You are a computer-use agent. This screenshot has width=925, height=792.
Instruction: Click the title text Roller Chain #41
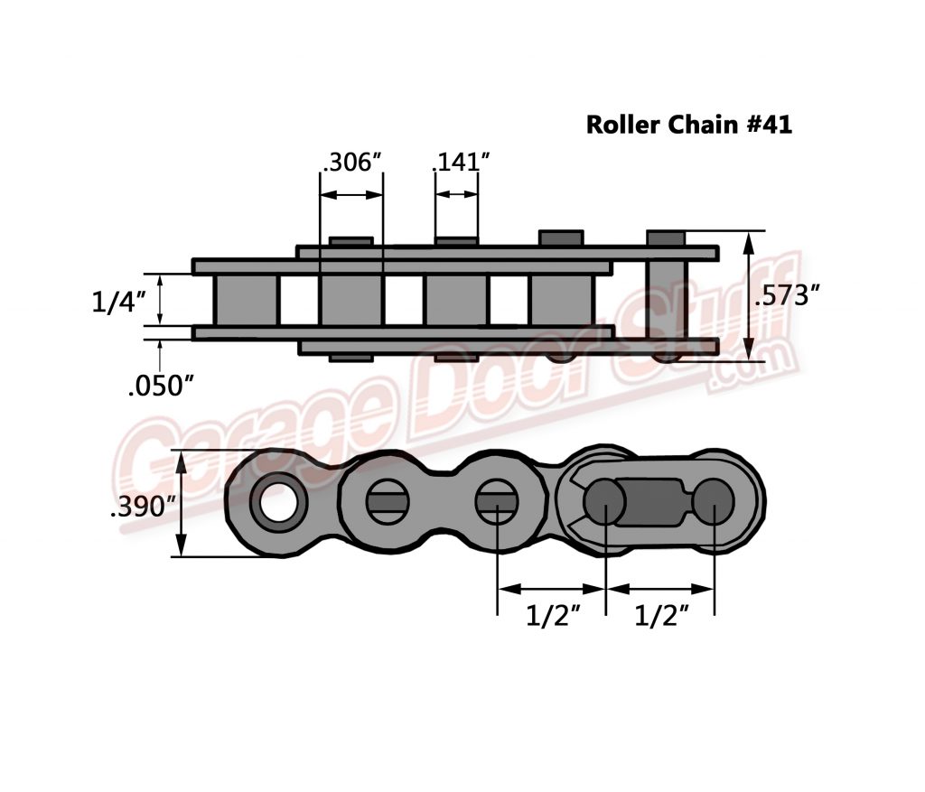point(689,125)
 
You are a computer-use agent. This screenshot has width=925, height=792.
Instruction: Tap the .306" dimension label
point(352,163)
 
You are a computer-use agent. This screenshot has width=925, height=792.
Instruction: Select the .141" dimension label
point(461,163)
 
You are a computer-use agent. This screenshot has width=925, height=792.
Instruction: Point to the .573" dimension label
point(792,295)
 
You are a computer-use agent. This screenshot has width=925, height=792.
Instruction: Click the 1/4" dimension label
point(119,302)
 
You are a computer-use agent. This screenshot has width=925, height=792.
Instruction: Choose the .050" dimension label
point(161,386)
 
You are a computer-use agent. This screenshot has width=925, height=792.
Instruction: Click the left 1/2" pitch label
point(553,618)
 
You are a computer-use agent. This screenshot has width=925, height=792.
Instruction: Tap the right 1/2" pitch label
point(662,618)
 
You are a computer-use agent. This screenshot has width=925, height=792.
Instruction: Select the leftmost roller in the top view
point(246,301)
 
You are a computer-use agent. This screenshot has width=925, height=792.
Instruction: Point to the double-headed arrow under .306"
point(351,194)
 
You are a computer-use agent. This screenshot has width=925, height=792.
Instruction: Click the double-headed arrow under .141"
point(456,194)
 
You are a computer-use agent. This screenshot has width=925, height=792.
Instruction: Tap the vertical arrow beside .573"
point(749,295)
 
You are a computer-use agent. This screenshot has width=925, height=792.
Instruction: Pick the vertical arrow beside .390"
point(182,504)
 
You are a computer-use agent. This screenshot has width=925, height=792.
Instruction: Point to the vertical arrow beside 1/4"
point(162,300)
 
